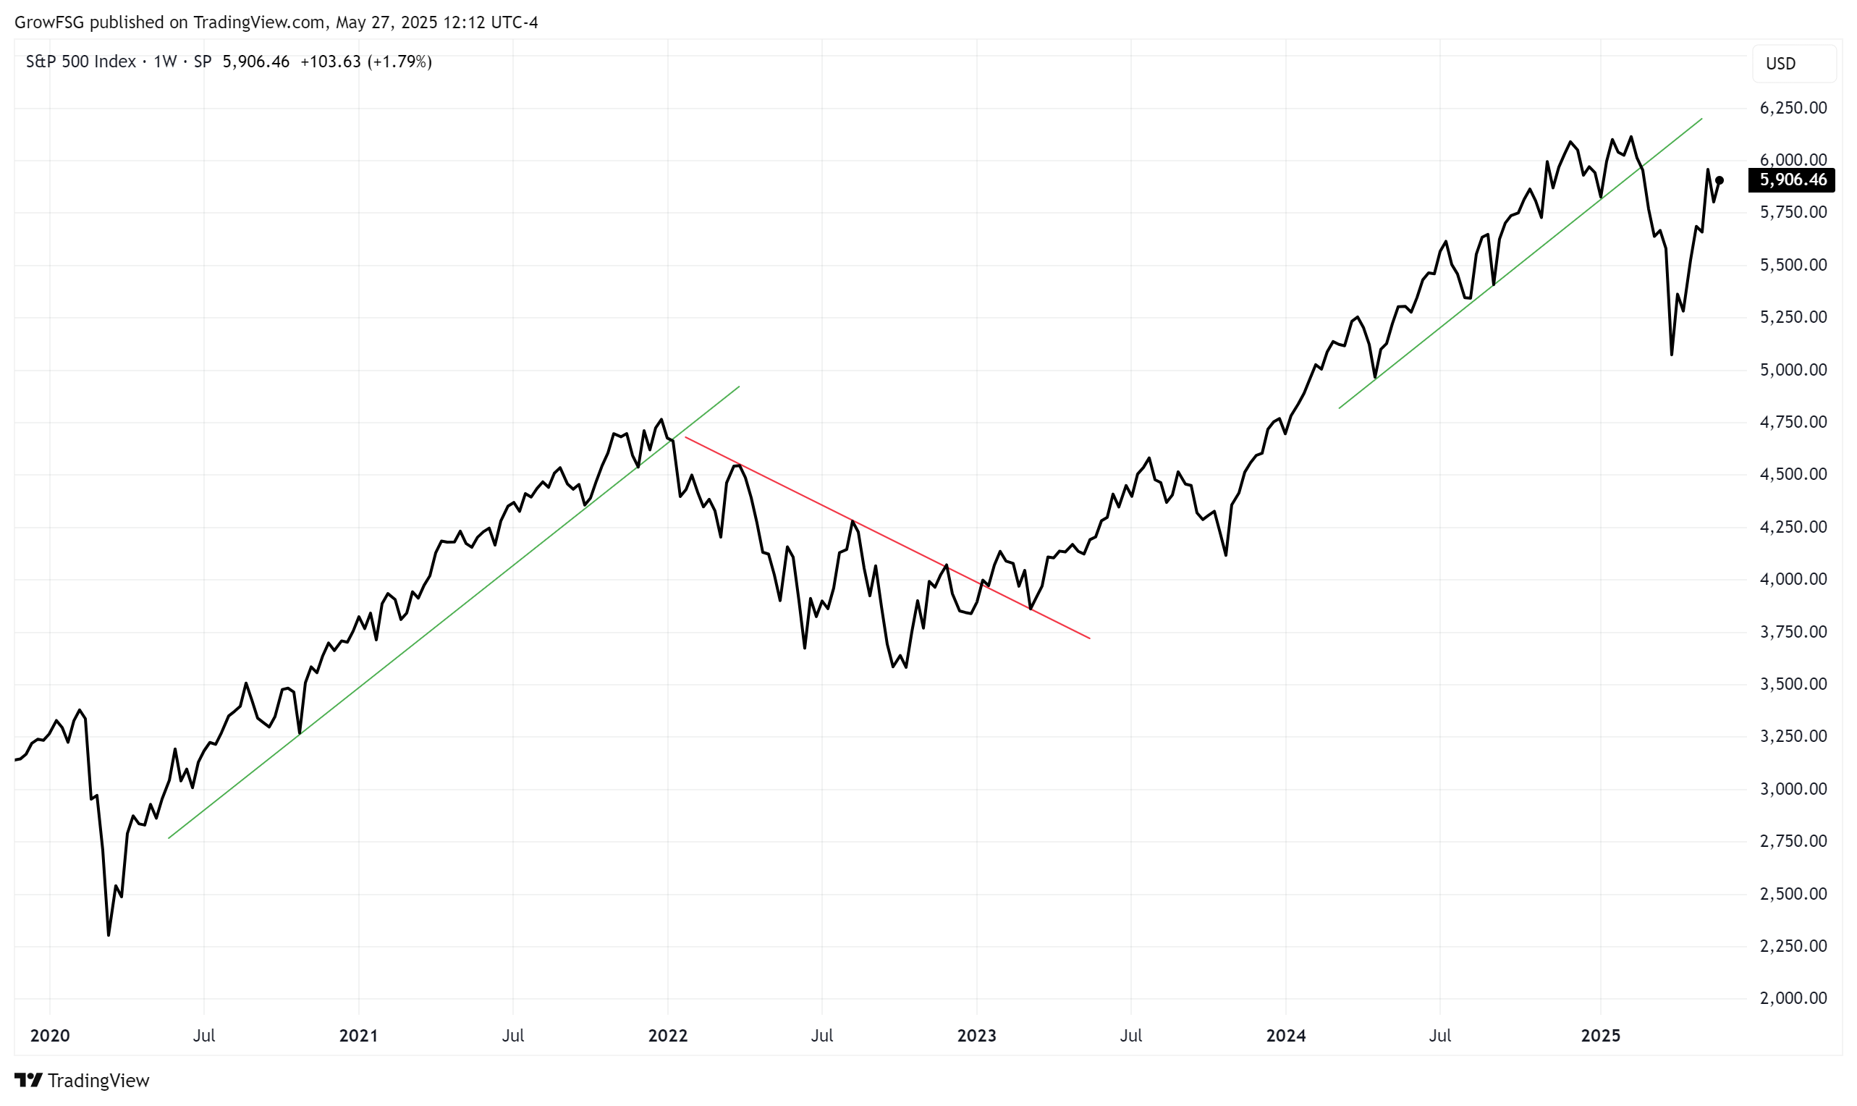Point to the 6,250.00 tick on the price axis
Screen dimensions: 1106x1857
tap(1793, 108)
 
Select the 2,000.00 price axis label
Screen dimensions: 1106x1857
tap(1793, 998)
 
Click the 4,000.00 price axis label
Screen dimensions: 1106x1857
tap(1793, 579)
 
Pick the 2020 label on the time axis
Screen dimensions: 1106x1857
tap(50, 1035)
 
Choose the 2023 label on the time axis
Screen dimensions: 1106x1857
tap(976, 1035)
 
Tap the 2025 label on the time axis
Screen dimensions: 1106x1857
tap(1601, 1035)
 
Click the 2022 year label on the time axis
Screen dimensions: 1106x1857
tap(668, 1035)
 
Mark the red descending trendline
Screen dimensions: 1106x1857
tap(887, 537)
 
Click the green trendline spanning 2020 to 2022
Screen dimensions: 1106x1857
tap(454, 612)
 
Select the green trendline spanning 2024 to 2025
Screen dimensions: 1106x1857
tap(1520, 263)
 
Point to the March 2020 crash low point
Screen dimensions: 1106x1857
tap(109, 934)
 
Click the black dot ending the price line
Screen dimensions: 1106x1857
tap(1720, 180)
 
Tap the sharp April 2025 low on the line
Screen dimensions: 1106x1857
tap(1672, 354)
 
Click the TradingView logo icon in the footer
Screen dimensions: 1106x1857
tap(28, 1080)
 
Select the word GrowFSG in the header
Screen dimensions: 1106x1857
tap(49, 22)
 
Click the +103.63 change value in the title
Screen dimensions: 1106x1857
tap(330, 62)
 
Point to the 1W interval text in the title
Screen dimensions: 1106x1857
tap(165, 62)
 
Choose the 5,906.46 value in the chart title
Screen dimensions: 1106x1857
tap(255, 62)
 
